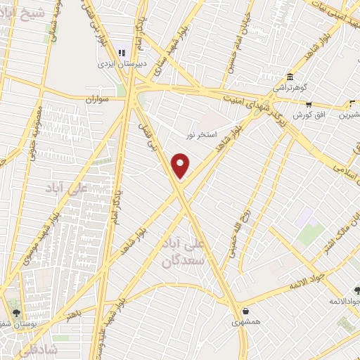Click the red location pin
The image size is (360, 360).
click(x=181, y=165)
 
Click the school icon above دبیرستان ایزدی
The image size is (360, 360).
click(x=122, y=51)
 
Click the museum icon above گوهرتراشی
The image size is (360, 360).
click(x=290, y=77)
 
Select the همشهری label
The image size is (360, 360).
click(x=245, y=322)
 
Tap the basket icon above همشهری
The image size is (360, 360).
click(x=245, y=311)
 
